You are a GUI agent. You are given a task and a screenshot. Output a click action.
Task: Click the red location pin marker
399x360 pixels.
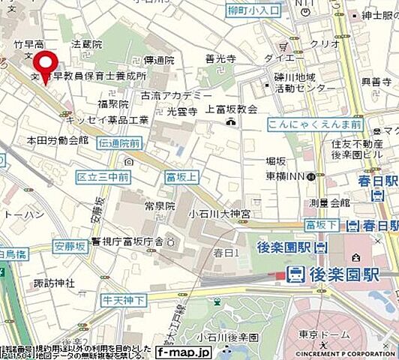[48, 66]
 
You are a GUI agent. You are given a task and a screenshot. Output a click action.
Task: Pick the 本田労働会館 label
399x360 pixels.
[57, 140]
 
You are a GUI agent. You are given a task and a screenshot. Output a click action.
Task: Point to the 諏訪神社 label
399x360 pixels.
[54, 283]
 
